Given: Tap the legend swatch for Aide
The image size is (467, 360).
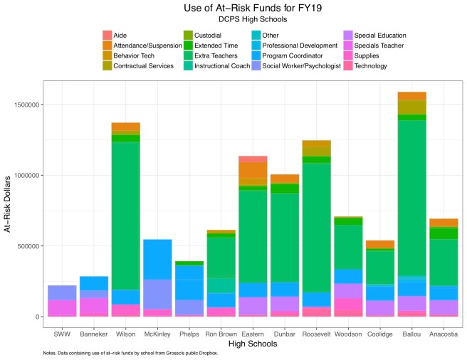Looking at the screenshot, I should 107,35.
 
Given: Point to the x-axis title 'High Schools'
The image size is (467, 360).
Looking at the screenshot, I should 247,343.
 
